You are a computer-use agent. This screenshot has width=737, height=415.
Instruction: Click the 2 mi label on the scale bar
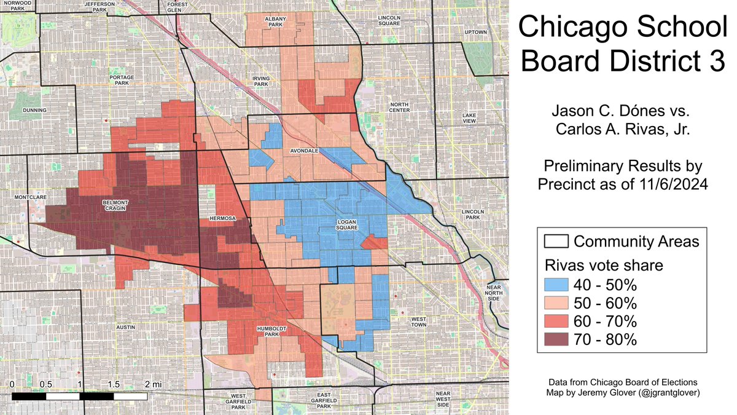[x=150, y=384]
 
